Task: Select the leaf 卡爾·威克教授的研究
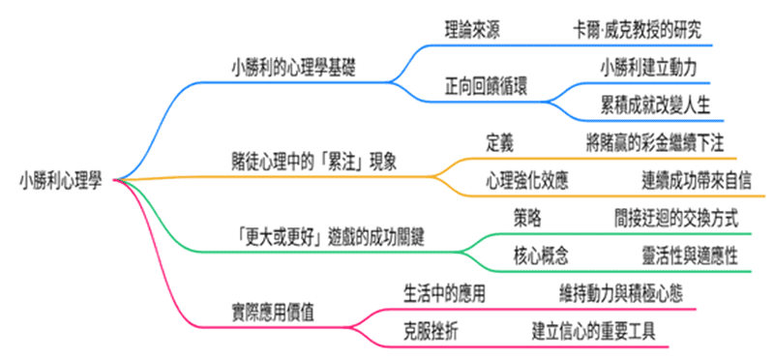634,29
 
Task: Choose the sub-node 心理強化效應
526,180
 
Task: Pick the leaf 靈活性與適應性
689,255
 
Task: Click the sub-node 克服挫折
431,329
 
